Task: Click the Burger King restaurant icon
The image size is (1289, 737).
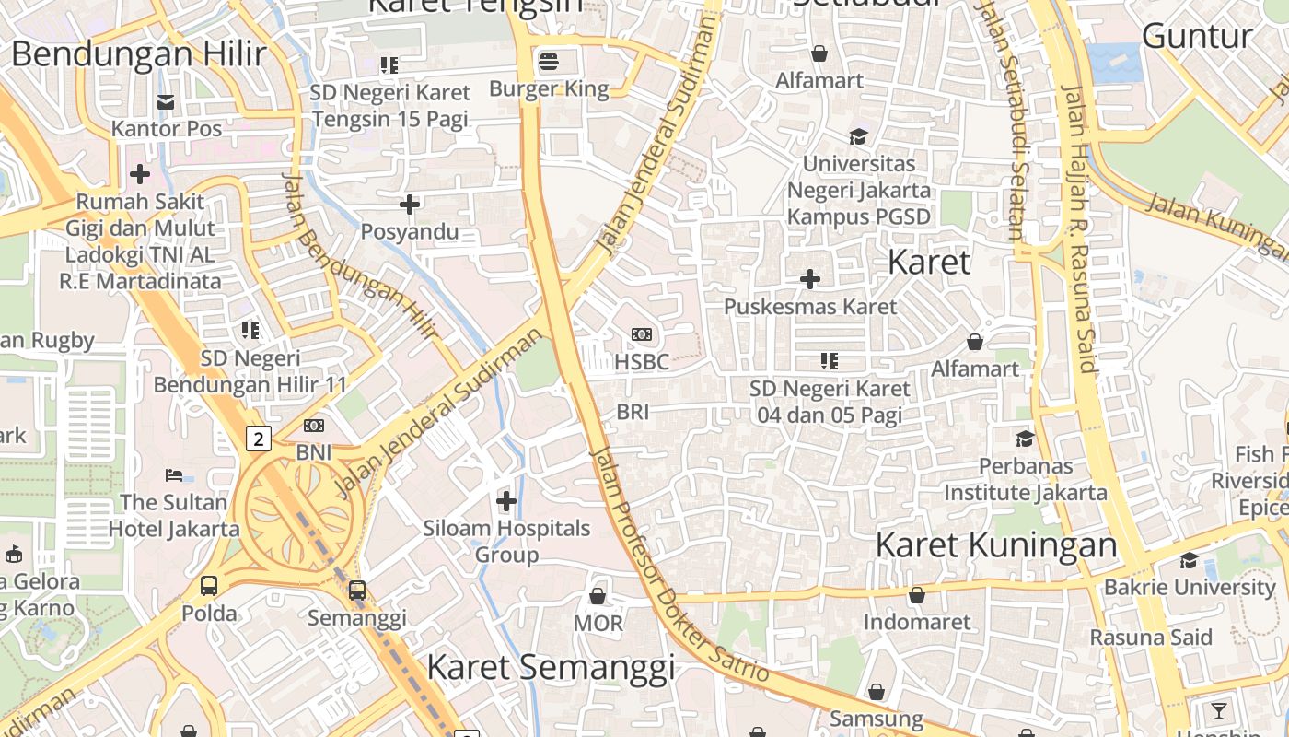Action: [549, 63]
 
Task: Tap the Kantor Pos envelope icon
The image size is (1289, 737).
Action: [166, 101]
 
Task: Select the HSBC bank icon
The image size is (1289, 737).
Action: [642, 334]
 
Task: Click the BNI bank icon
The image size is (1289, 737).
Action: [314, 426]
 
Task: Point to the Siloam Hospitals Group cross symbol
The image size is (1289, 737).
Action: [506, 501]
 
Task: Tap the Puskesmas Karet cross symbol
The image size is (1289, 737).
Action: [810, 278]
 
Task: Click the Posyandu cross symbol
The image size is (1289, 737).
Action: [410, 205]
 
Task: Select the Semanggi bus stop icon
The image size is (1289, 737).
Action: [357, 591]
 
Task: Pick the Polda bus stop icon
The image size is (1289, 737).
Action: [209, 586]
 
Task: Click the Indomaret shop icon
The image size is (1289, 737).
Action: [916, 595]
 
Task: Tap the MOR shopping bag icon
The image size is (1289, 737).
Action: [598, 596]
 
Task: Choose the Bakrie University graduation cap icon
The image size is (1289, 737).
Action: [1189, 560]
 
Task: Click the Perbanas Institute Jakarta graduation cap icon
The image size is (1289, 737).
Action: [1025, 439]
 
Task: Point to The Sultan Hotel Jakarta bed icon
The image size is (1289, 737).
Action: [174, 475]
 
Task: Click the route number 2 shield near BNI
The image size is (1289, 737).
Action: [259, 439]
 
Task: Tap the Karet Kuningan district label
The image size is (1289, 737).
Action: [996, 544]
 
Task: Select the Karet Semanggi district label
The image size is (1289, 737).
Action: [551, 667]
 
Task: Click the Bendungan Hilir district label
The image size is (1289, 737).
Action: [138, 53]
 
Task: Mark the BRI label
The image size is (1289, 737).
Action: [633, 412]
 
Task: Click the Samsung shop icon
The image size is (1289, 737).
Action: [877, 691]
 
